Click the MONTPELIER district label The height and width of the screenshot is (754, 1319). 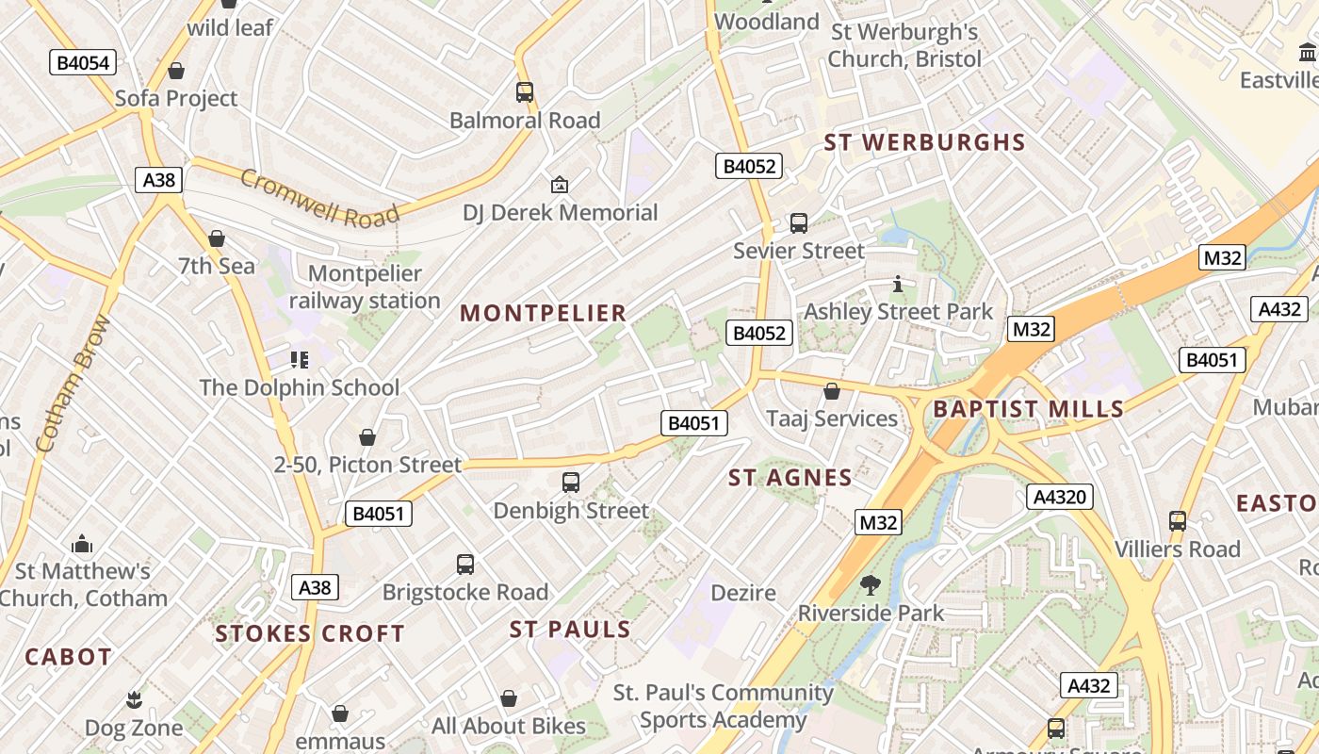click(x=543, y=314)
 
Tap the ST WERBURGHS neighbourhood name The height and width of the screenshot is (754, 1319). click(x=924, y=142)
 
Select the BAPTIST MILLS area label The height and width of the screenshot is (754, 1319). click(x=1028, y=409)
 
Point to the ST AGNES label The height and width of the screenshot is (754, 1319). click(x=790, y=478)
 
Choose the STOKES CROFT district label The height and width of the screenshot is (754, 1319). click(x=310, y=633)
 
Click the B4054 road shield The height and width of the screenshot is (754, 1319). click(x=83, y=63)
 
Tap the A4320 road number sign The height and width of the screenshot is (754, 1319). click(x=1060, y=497)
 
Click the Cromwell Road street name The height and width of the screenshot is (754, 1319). click(x=319, y=198)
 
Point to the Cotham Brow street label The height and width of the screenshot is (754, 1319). click(x=73, y=383)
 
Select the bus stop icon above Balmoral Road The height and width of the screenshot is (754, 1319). click(x=525, y=92)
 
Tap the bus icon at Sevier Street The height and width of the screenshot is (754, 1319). click(x=799, y=223)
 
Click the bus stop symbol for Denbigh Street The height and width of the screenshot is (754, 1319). click(x=571, y=483)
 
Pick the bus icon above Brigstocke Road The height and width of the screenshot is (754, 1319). click(x=465, y=565)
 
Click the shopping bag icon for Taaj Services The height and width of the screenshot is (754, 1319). click(x=832, y=391)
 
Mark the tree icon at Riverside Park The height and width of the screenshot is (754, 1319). click(x=871, y=585)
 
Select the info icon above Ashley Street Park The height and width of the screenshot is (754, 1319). click(x=898, y=284)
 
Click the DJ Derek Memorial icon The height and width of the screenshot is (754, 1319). click(x=560, y=185)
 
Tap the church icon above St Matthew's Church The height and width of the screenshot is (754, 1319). click(x=82, y=544)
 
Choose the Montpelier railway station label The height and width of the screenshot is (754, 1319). click(x=365, y=287)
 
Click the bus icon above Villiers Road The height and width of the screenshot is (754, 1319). click(x=1177, y=521)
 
